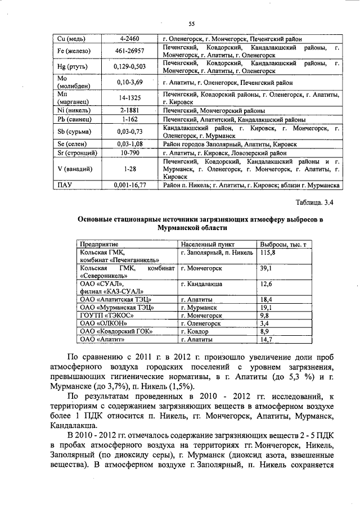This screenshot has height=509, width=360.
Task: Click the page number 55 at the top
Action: click(191, 24)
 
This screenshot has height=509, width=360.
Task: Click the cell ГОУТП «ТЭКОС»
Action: click(106, 316)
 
